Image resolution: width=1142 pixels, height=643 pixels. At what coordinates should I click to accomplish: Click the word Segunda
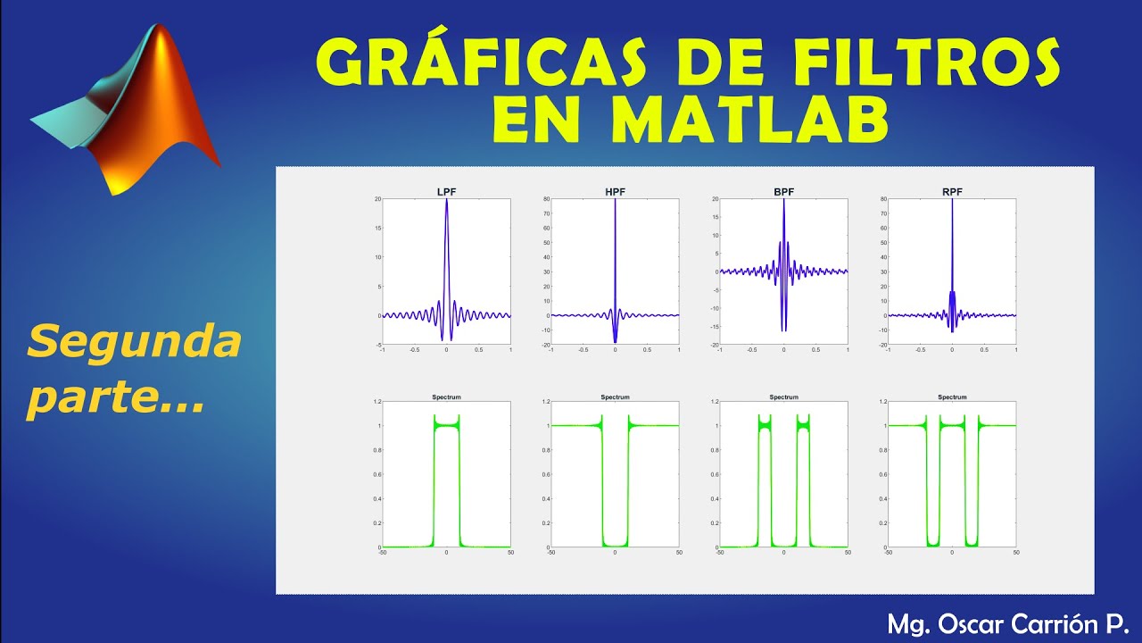135,340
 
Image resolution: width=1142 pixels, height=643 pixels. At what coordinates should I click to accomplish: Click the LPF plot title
446,191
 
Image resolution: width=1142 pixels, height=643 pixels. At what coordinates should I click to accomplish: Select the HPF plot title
615,191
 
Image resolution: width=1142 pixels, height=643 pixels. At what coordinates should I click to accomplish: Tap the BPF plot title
783,191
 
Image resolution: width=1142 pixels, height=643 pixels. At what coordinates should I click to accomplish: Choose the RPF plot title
952,191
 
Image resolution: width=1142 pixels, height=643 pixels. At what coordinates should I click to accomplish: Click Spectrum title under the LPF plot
446,397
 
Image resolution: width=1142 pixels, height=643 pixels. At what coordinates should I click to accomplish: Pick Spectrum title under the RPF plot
952,397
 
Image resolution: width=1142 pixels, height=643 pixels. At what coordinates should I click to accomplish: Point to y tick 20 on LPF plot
377,198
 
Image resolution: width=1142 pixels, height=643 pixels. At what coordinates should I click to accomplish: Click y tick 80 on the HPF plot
546,198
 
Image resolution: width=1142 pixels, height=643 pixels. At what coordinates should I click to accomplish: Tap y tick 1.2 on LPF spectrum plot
377,402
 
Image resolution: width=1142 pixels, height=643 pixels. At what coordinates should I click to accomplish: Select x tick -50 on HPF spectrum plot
550,554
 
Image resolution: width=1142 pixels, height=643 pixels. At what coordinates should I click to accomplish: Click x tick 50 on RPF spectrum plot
1016,554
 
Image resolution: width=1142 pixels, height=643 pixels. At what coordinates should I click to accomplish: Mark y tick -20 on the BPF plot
714,345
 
